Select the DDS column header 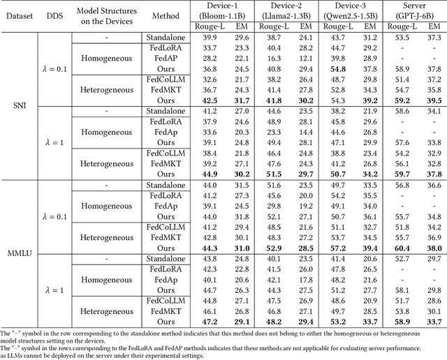[54, 15]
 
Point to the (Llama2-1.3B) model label [287, 15]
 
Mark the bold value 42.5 [210, 100]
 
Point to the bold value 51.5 [274, 174]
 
